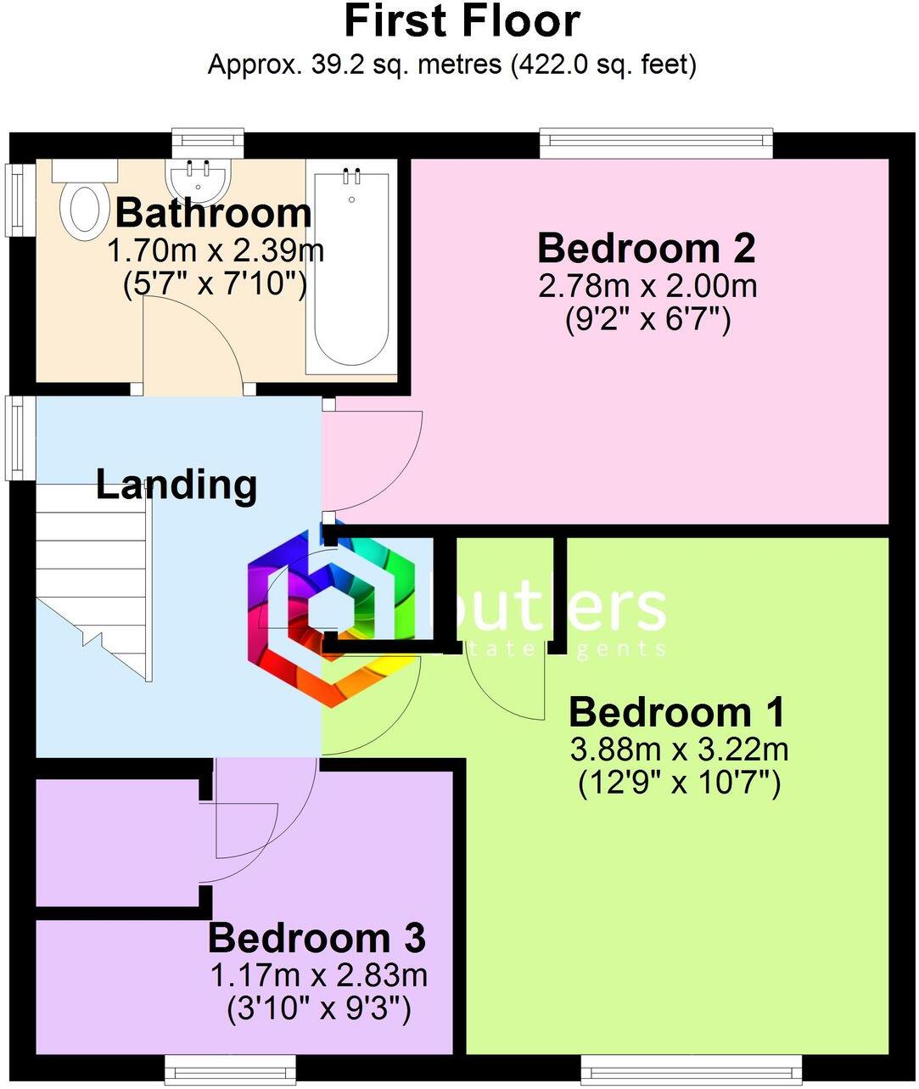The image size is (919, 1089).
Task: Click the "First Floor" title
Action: tap(462, 21)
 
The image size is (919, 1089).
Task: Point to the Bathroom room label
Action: tap(213, 212)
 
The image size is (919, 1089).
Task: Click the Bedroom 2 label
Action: tap(646, 249)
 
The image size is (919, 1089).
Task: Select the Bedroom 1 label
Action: tap(676, 712)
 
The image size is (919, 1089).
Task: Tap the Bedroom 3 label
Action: tap(317, 939)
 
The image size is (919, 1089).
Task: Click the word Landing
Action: tap(176, 485)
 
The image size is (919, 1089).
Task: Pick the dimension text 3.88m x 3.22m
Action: tap(679, 749)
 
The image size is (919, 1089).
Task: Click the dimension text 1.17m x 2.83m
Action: tap(318, 975)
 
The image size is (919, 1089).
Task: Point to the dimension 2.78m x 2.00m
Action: tap(647, 286)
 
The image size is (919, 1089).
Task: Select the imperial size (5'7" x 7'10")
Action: tap(214, 283)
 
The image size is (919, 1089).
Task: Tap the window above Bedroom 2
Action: tap(656, 142)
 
